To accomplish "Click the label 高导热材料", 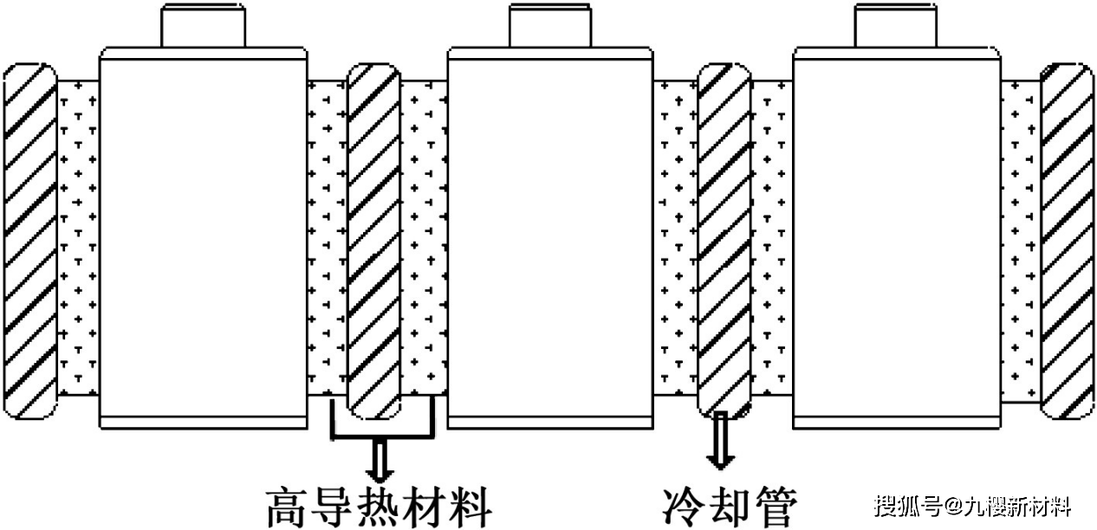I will (378, 506).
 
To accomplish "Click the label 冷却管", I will (727, 506).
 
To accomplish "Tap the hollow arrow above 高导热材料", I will (378, 459).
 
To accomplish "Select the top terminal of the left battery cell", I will (204, 26).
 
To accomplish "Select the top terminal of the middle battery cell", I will (549, 26).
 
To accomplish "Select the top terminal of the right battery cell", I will (895, 26).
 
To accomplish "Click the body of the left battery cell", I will (204, 234).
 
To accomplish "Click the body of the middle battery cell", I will (549, 234).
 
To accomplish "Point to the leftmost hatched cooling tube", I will (30, 238).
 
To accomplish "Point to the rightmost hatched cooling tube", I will (1067, 238).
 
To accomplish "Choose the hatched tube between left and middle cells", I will (374, 238).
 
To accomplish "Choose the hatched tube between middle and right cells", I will (724, 238).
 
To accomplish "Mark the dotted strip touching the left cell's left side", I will (78, 238).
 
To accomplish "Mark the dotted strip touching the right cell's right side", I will (1020, 238).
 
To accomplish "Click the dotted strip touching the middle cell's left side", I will (425, 238).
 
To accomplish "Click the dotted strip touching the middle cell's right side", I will (674, 238).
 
